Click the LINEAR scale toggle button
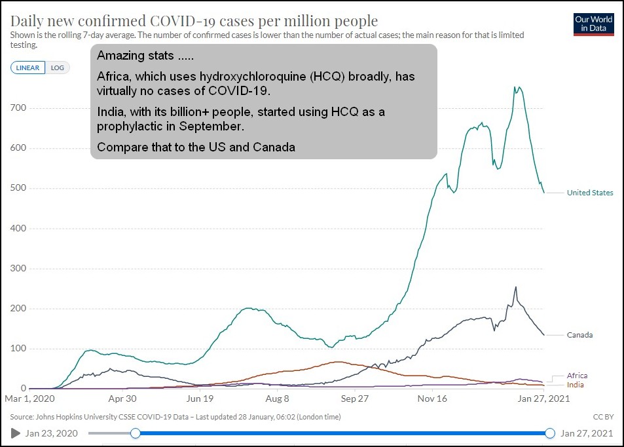[28, 68]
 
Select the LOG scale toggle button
[58, 68]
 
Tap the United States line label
[590, 193]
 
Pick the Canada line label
[579, 335]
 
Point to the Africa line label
[577, 376]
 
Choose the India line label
[575, 385]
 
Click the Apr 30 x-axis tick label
[122, 398]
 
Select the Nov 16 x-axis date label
[432, 398]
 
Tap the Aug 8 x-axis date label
[277, 398]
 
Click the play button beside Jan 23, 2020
[16, 433]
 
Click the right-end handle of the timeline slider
[550, 433]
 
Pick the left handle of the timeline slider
[136, 433]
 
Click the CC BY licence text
[603, 417]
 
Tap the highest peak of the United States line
[517, 87]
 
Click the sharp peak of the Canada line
[516, 287]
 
